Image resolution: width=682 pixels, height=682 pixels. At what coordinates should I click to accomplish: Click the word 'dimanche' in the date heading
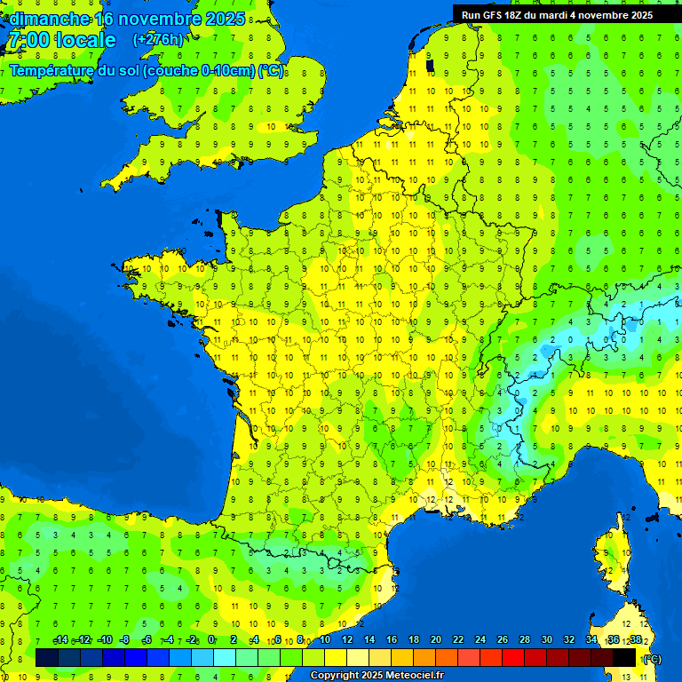click(49, 19)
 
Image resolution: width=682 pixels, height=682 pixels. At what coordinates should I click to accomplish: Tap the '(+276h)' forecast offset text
click(158, 40)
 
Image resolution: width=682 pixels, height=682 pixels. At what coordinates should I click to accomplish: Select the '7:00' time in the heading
click(27, 40)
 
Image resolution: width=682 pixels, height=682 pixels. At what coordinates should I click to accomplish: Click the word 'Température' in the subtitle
click(52, 71)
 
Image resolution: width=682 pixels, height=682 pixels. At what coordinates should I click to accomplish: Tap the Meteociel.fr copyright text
click(377, 676)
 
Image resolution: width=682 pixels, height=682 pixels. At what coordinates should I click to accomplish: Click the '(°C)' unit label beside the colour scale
click(651, 659)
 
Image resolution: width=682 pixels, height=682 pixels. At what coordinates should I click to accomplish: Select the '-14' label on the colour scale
click(61, 640)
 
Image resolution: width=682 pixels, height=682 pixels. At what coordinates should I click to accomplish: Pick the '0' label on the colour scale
click(211, 640)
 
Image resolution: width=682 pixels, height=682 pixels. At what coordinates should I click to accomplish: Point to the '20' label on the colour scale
click(435, 640)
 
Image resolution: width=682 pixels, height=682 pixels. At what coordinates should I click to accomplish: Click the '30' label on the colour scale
click(546, 640)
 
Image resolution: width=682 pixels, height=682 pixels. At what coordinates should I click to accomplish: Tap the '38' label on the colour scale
click(635, 640)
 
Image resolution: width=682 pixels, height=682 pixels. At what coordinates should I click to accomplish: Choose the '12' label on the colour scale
click(346, 640)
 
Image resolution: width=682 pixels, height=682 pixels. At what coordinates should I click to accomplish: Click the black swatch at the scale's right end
click(624, 658)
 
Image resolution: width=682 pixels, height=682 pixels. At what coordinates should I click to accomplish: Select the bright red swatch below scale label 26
click(513, 658)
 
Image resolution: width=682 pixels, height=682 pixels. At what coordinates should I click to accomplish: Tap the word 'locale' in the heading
click(85, 40)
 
